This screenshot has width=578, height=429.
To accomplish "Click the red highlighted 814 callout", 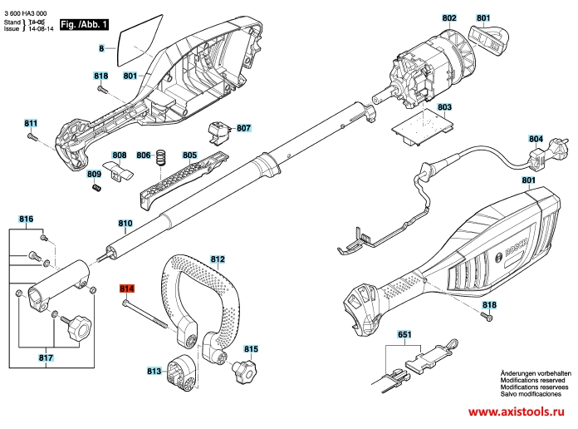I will tap(127, 288).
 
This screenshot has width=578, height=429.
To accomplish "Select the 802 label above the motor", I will tap(449, 17).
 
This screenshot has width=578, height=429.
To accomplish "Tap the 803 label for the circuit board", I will tap(444, 108).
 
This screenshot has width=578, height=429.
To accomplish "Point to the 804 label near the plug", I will tap(536, 140).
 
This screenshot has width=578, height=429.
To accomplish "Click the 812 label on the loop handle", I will tap(218, 259).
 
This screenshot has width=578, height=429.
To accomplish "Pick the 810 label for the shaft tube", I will tap(125, 224).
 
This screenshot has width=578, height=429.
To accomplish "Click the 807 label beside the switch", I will tap(243, 129).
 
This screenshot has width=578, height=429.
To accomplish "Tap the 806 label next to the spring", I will tap(143, 155).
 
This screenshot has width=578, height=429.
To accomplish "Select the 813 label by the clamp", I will tap(154, 371).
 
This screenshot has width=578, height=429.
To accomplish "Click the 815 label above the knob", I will tap(251, 350).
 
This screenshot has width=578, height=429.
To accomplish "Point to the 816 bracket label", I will tap(27, 219).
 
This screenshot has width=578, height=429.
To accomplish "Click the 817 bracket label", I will tap(46, 358).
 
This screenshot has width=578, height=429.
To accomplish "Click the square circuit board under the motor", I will tap(423, 126).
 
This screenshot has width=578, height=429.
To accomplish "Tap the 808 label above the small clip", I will tap(120, 155).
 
